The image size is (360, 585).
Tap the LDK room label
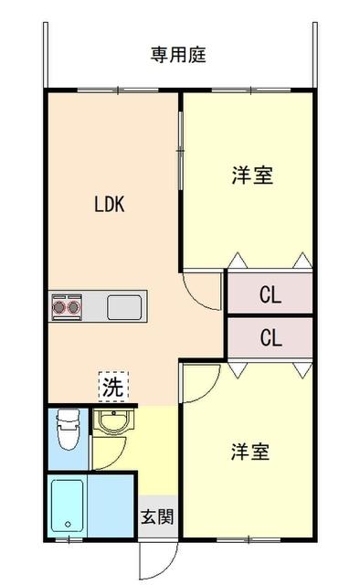[109, 205]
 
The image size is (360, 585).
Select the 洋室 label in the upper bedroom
[250, 176]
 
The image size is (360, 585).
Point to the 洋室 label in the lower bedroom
[249, 452]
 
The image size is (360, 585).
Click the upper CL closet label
[270, 294]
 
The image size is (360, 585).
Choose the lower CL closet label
[270, 337]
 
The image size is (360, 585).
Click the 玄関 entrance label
[157, 516]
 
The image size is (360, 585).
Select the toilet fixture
[66, 429]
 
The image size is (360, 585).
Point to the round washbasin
[113, 422]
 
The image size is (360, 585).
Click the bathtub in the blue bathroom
[69, 505]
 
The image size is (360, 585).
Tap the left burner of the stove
[60, 307]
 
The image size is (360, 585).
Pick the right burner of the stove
[73, 307]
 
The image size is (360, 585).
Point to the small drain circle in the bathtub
[67, 525]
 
